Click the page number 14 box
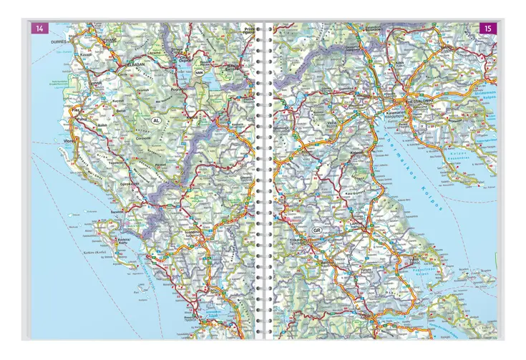[x=36, y=28]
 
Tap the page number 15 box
[x=487, y=29]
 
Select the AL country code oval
[x=157, y=121]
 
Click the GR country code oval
[x=316, y=230]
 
